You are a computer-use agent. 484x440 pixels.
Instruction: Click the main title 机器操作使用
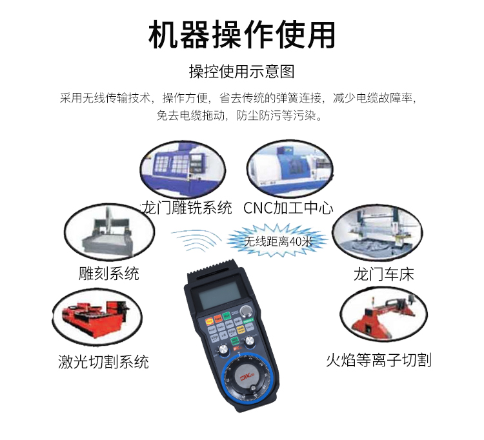(242, 35)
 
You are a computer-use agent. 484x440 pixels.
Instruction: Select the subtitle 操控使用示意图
(242, 72)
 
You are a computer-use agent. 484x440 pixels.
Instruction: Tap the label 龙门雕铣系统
(187, 208)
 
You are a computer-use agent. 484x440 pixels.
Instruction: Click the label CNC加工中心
(288, 208)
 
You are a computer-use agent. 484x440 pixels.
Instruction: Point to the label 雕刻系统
(109, 273)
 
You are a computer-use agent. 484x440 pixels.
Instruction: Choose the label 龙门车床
(383, 274)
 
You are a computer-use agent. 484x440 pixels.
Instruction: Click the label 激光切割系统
(103, 361)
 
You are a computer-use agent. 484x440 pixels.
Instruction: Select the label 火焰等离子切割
(378, 360)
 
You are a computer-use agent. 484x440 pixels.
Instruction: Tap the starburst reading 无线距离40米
(277, 241)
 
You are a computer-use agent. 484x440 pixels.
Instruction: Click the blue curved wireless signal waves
(197, 240)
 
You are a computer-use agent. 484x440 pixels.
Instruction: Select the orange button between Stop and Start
(218, 318)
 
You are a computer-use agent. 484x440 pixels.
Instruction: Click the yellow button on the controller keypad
(241, 330)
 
